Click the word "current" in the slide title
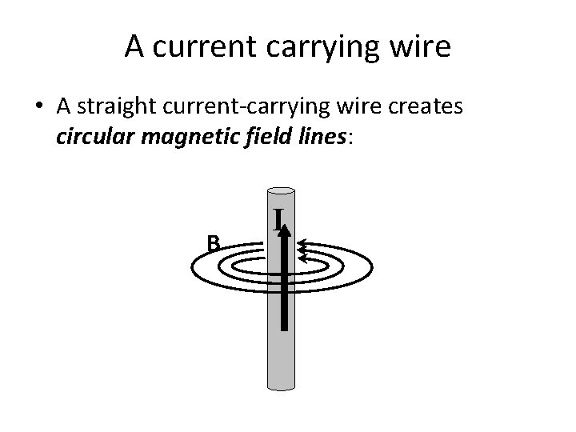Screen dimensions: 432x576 tap(196, 47)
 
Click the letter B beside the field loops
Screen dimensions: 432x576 tap(213, 242)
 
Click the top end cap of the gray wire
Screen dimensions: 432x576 tap(279, 192)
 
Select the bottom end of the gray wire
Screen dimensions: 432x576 tap(279, 389)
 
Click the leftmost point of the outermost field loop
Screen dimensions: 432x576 tap(192, 268)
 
